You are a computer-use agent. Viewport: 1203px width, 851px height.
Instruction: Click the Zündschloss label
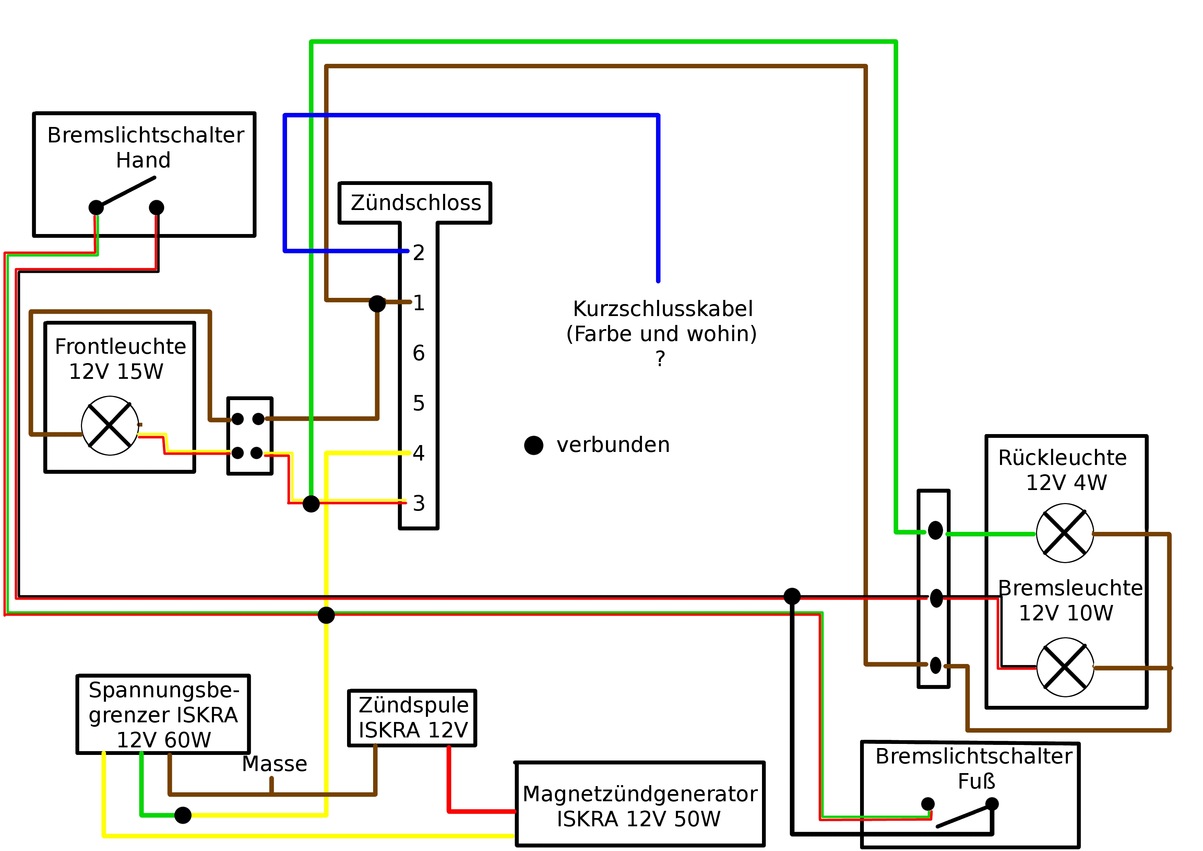pos(416,202)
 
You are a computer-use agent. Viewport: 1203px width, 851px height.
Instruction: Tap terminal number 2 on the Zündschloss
pos(419,253)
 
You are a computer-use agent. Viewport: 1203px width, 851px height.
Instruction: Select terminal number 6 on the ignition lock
pos(419,353)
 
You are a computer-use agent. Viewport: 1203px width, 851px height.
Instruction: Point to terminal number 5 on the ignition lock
pos(419,403)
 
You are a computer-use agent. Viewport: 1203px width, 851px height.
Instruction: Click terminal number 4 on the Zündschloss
pos(419,453)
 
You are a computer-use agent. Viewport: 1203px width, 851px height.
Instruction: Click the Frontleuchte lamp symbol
pos(110,425)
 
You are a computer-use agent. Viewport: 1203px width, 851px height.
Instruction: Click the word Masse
pos(275,764)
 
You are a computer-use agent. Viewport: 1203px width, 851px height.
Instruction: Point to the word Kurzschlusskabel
pos(663,309)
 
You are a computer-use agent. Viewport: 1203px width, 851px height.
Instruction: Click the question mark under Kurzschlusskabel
pos(660,359)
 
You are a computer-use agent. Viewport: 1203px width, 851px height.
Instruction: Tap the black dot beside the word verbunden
pos(533,445)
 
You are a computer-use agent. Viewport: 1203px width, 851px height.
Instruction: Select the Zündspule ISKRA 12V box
pos(412,718)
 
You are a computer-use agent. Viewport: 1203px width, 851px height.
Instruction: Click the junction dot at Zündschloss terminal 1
pos(377,304)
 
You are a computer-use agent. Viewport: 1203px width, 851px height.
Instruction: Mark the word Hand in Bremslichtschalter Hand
pos(143,160)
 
